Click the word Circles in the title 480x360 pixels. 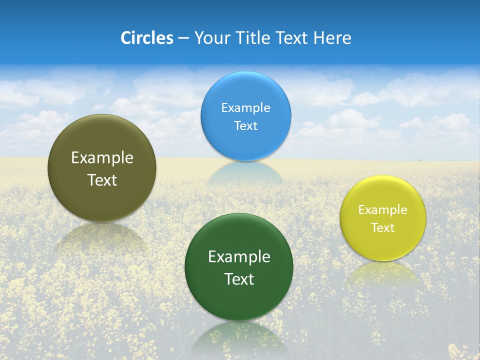(146, 38)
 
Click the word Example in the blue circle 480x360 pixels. (245, 107)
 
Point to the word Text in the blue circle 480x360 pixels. (245, 125)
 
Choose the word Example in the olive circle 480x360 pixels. (102, 157)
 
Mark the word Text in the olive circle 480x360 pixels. (102, 180)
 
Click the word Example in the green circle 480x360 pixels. (239, 256)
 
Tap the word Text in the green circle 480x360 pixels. (239, 279)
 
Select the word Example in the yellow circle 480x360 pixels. (383, 209)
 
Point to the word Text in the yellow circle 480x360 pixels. (383, 227)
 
